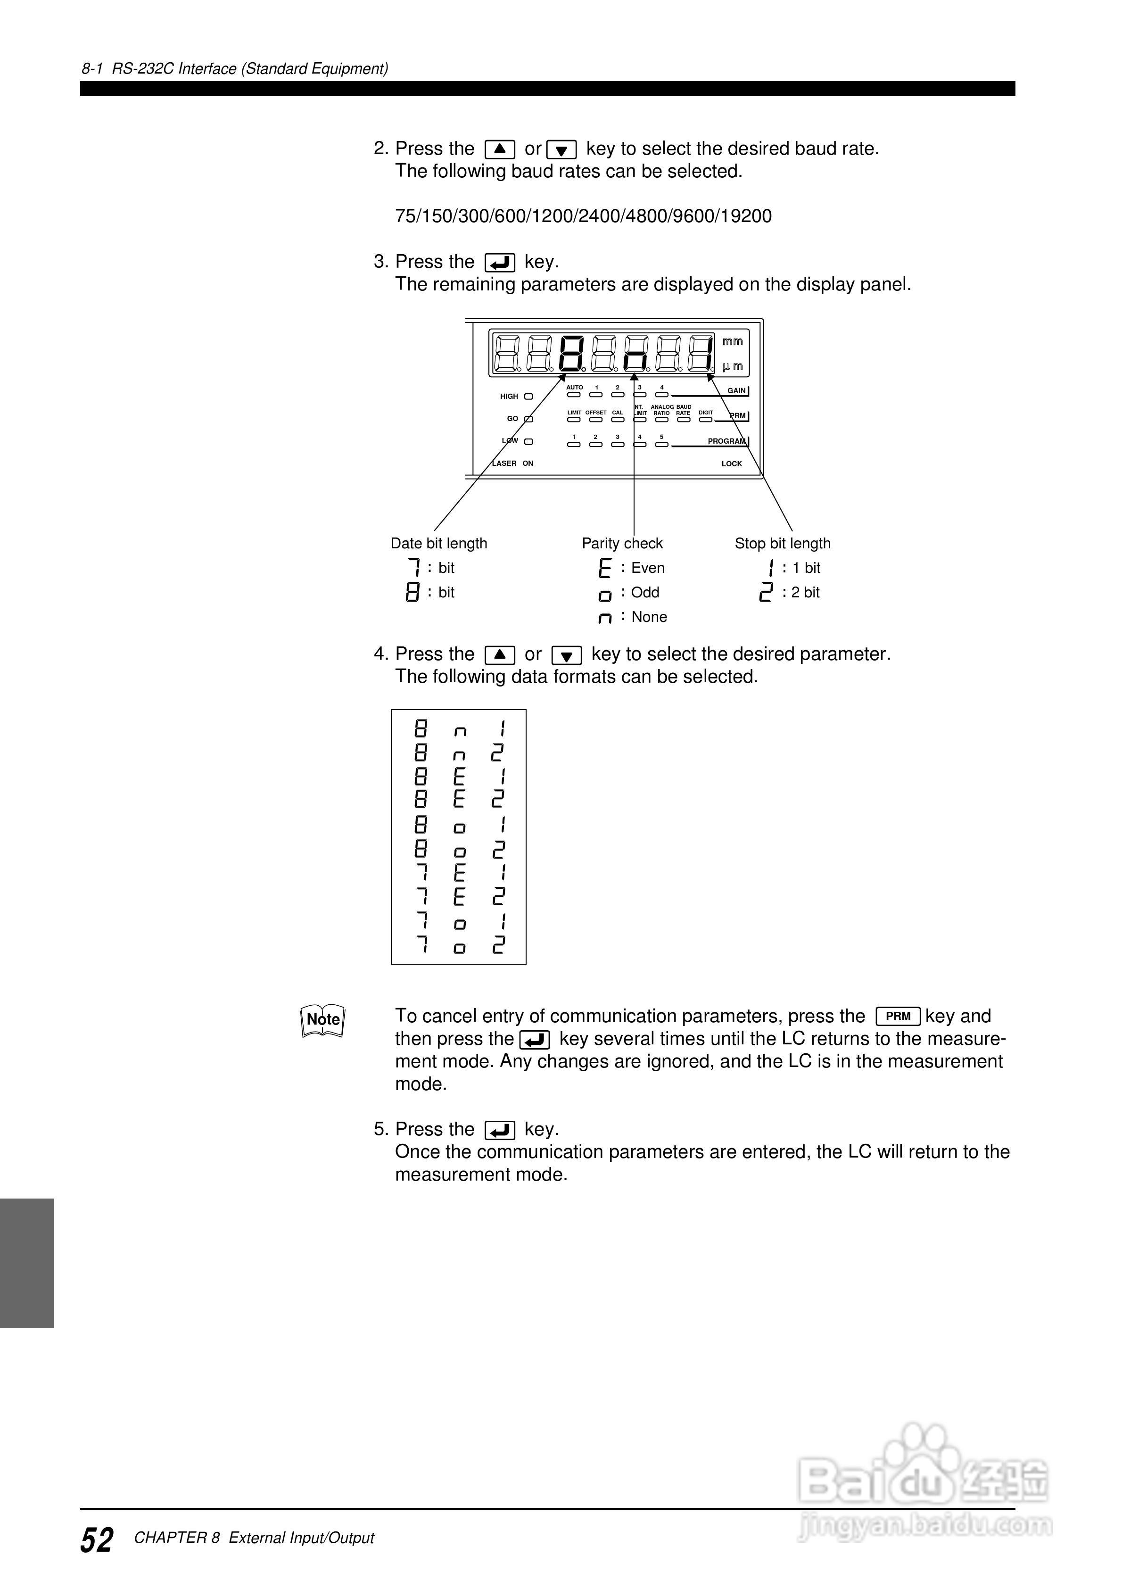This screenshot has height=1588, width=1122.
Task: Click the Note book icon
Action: [x=323, y=1020]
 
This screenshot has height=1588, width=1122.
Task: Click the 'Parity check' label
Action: [x=622, y=544]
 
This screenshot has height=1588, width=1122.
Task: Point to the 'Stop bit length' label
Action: [x=783, y=544]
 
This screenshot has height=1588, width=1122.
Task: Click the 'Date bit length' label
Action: [x=438, y=544]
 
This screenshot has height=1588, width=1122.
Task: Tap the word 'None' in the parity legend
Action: [x=649, y=617]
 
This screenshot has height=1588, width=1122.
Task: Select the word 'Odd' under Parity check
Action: [x=645, y=593]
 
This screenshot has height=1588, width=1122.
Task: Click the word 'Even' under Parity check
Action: [x=647, y=568]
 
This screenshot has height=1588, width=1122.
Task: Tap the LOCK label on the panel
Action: [x=731, y=464]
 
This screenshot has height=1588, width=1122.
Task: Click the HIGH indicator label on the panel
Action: [x=509, y=397]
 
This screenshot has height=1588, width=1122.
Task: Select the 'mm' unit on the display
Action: [x=733, y=342]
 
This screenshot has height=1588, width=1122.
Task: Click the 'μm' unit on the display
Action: [x=733, y=366]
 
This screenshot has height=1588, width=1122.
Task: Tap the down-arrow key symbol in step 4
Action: [x=567, y=655]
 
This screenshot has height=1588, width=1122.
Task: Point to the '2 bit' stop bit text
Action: [x=805, y=593]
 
